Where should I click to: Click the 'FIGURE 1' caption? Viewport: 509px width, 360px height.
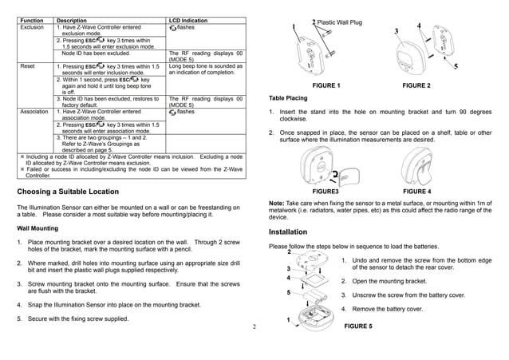(x=326, y=85)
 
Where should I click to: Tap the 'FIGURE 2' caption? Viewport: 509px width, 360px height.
(x=416, y=85)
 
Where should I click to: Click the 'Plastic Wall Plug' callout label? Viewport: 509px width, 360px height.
(x=345, y=22)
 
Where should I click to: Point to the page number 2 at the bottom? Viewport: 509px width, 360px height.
(x=252, y=326)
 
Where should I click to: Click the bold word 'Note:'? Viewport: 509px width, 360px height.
(x=279, y=204)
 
